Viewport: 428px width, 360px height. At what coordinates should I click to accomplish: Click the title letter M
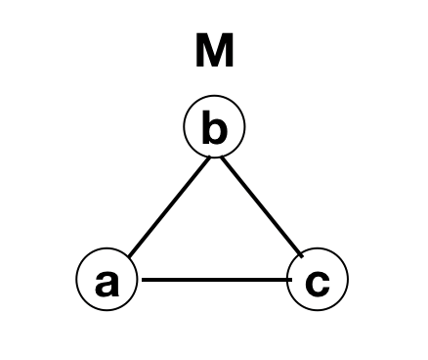(x=214, y=52)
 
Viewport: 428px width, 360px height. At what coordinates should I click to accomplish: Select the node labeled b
(x=214, y=126)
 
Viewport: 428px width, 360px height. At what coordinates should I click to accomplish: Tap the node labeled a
(x=107, y=280)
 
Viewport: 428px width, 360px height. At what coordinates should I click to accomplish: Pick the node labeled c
(x=318, y=280)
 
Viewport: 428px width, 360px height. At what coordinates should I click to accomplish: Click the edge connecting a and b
(x=168, y=205)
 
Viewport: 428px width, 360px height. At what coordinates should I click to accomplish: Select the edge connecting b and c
(x=262, y=205)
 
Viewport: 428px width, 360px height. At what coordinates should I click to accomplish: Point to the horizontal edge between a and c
(x=217, y=281)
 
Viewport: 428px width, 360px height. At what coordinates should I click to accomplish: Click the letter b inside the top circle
(x=214, y=128)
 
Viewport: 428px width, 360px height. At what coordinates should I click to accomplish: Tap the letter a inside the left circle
(x=107, y=283)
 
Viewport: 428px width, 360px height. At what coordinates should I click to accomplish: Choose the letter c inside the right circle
(x=318, y=283)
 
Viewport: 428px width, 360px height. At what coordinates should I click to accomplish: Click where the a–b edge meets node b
(x=209, y=156)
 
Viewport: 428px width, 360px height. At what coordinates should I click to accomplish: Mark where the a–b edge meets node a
(x=128, y=256)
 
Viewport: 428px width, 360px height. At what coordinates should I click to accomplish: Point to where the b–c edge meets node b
(x=221, y=156)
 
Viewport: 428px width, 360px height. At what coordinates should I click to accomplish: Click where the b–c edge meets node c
(x=302, y=255)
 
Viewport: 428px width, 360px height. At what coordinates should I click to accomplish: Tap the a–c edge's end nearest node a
(x=144, y=281)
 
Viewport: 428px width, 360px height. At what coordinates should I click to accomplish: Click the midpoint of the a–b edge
(x=168, y=205)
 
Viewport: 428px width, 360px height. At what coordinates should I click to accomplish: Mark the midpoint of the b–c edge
(x=262, y=205)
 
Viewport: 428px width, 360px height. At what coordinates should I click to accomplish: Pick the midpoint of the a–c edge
(x=217, y=281)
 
